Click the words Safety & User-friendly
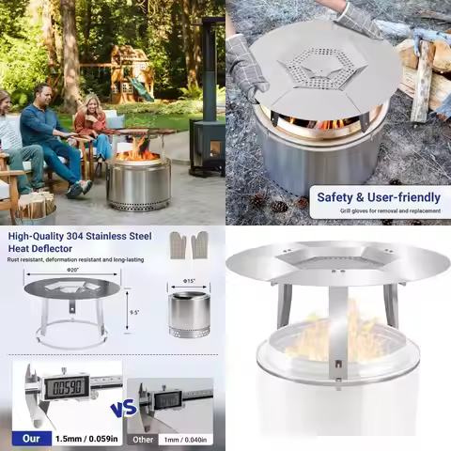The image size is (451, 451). coord(379,197)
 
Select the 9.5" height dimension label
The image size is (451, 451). coord(134,313)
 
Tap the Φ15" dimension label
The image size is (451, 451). coord(188,282)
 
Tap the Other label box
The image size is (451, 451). coord(144,439)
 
